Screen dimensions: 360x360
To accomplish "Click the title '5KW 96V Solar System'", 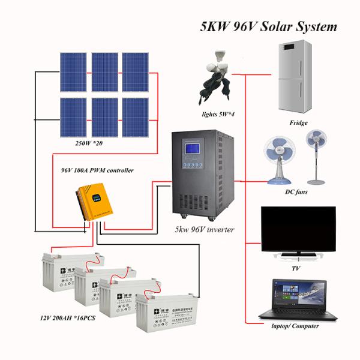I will pos(268,26).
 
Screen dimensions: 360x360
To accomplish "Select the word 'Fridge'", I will pos(298,123).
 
